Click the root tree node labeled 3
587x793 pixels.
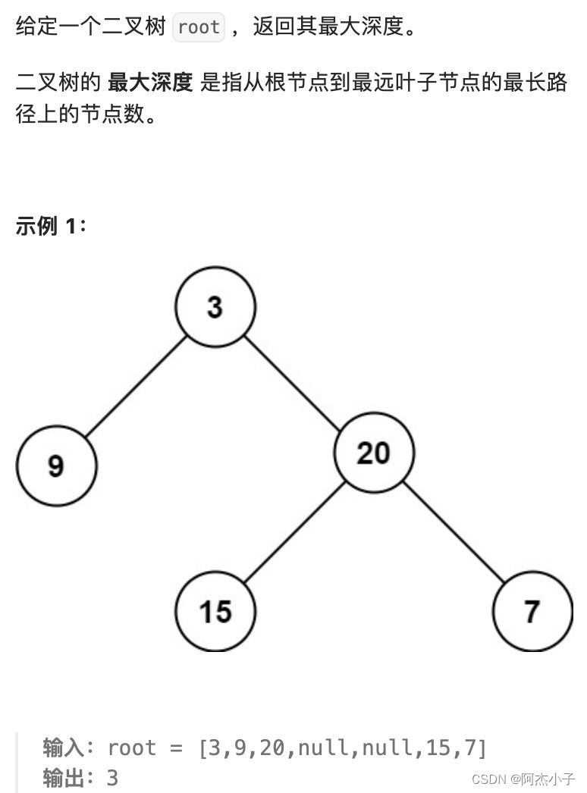pyautogui.click(x=215, y=307)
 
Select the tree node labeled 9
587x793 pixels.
pyautogui.click(x=56, y=465)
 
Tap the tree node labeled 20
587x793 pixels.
pyautogui.click(x=374, y=453)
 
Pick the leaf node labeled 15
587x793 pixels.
pyautogui.click(x=215, y=610)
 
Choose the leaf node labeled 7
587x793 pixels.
pyautogui.click(x=532, y=610)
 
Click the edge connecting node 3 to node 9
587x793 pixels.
pyautogui.click(x=136, y=387)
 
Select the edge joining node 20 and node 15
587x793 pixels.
pyautogui.click(x=294, y=532)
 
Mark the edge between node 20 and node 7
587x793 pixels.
pyautogui.click(x=454, y=532)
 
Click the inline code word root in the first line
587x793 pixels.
pyautogui.click(x=199, y=28)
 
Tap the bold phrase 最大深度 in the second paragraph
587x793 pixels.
pyautogui.click(x=150, y=83)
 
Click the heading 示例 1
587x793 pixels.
pyautogui.click(x=51, y=226)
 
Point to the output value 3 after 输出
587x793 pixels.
pyautogui.click(x=112, y=778)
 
